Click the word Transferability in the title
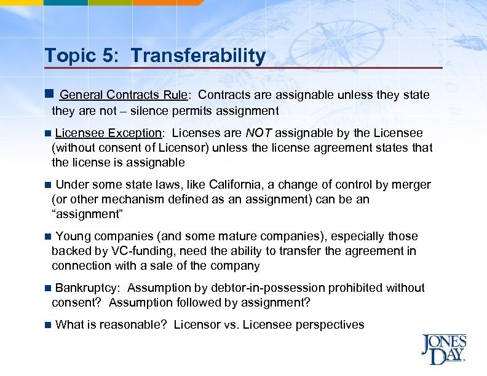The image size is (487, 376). (198, 57)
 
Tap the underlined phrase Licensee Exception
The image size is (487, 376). (108, 133)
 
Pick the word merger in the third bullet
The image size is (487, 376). (413, 185)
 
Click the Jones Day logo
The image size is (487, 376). (443, 348)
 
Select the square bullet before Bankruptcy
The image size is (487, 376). (48, 288)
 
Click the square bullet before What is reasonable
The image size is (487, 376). (48, 325)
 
